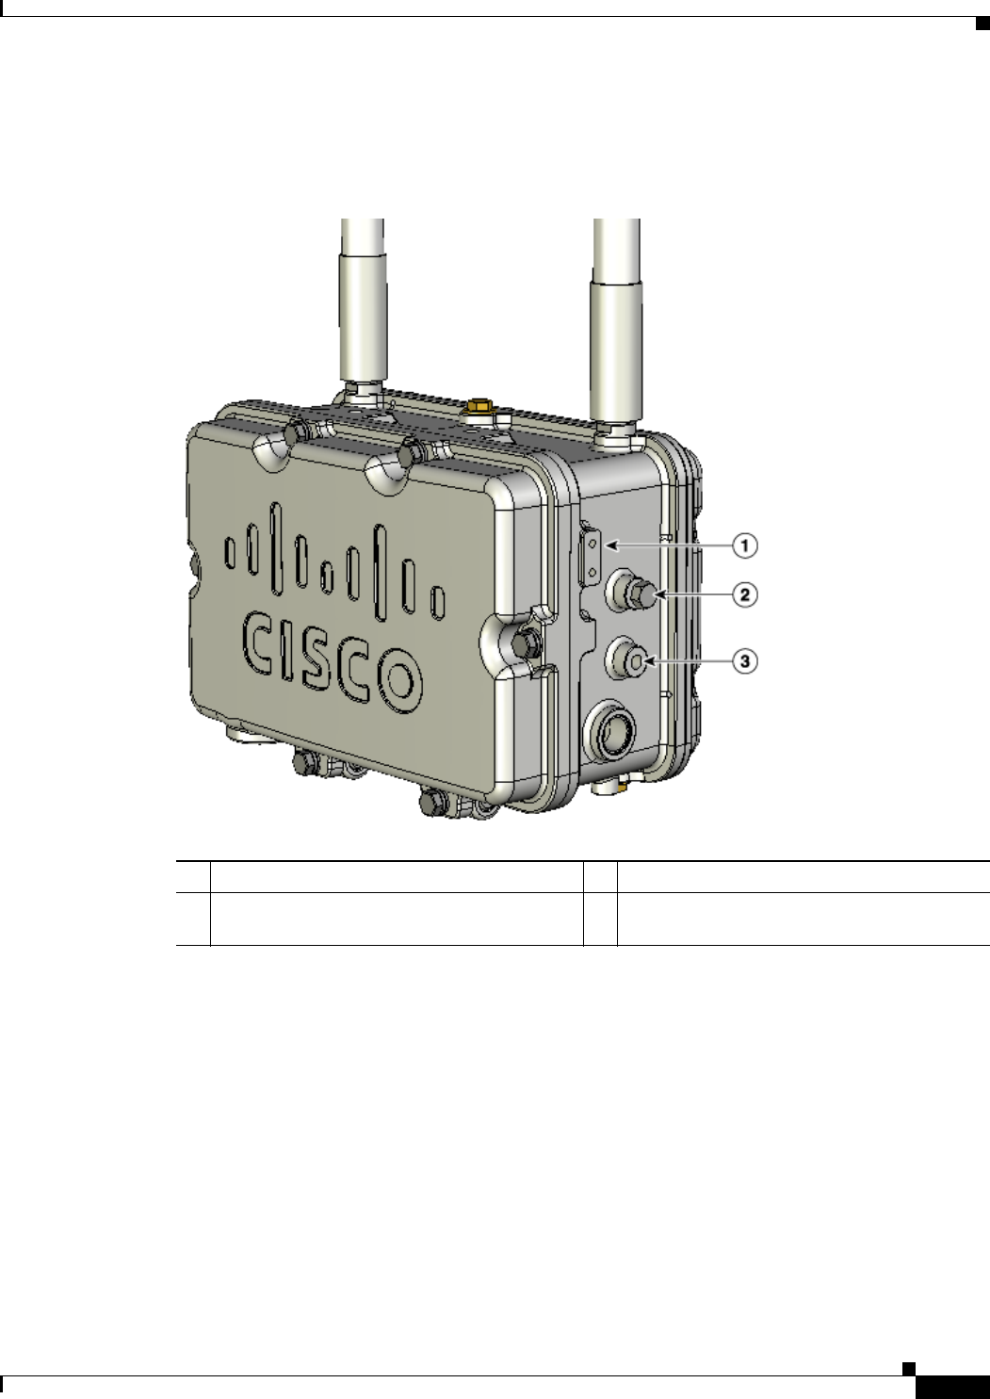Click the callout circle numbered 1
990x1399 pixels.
click(744, 545)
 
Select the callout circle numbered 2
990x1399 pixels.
click(744, 594)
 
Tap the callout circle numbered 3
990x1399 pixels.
click(744, 660)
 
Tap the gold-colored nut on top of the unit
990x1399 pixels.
click(479, 406)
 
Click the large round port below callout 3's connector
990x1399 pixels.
click(609, 729)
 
